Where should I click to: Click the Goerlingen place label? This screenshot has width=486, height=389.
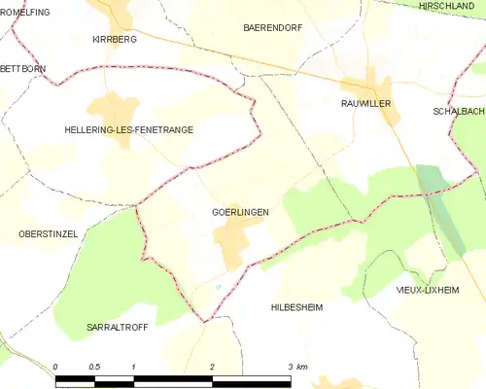(x=239, y=211)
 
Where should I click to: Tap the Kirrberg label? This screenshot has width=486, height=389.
(x=114, y=40)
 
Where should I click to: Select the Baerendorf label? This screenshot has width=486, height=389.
(x=272, y=28)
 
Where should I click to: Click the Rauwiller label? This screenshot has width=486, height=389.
(x=365, y=102)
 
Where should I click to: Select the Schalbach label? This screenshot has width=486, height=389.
(x=459, y=112)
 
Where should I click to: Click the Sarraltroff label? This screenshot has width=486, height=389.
(x=118, y=328)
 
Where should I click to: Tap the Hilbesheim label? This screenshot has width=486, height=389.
(x=296, y=306)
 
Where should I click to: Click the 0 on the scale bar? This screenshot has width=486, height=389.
(x=56, y=367)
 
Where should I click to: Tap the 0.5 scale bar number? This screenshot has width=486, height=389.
(x=94, y=367)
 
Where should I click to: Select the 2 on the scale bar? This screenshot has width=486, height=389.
(x=212, y=367)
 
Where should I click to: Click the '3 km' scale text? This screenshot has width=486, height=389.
(x=295, y=367)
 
